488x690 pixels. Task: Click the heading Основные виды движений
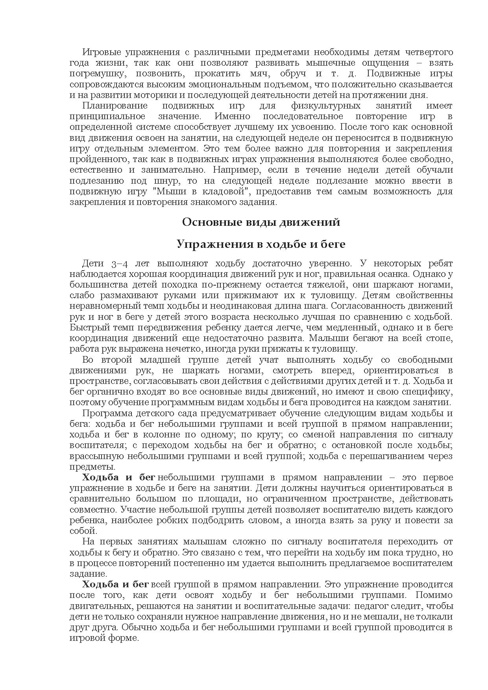click(x=261, y=222)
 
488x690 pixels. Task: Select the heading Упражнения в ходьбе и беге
click(x=261, y=244)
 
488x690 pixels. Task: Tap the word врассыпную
click(x=95, y=456)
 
